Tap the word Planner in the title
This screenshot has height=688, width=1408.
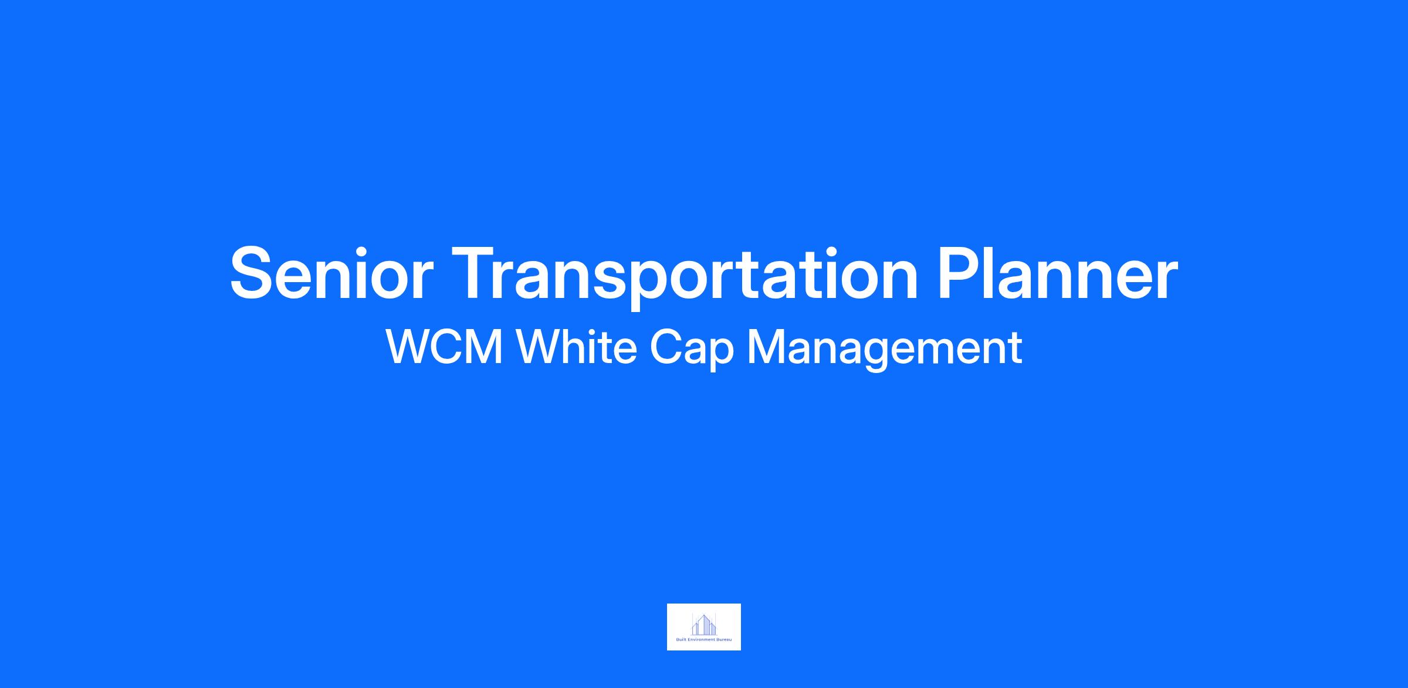point(1058,273)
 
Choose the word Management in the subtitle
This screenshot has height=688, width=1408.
point(885,351)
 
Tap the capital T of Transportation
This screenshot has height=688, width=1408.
point(475,273)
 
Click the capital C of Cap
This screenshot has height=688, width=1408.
point(666,348)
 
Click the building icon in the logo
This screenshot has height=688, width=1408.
point(704,624)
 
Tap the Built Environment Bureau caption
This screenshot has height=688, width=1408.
point(704,639)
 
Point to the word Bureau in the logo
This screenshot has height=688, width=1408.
point(724,639)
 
